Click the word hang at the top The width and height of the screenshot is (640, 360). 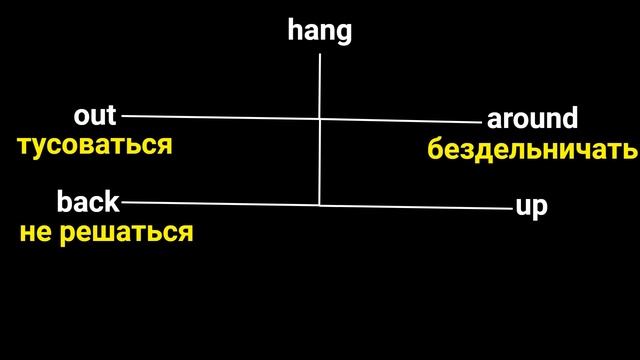click(320, 31)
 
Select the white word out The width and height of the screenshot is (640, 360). click(95, 115)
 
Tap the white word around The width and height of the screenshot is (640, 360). click(532, 119)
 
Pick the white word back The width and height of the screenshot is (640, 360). click(88, 203)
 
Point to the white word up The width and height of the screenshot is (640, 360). click(531, 207)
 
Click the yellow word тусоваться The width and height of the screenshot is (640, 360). click(95, 145)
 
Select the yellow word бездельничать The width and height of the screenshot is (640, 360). click(532, 150)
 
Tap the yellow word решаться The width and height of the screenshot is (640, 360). click(133, 233)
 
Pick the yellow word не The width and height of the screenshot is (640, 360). click(36, 233)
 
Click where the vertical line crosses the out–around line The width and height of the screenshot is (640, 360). click(320, 119)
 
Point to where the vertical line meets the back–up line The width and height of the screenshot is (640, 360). click(320, 205)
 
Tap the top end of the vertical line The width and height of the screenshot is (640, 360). click(320, 54)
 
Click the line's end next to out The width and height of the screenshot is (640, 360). click(123, 116)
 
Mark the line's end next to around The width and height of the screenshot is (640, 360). click(481, 122)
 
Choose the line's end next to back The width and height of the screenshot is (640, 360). click(122, 202)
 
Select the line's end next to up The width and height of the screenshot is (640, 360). click(511, 208)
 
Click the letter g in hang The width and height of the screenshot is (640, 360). click(343, 33)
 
